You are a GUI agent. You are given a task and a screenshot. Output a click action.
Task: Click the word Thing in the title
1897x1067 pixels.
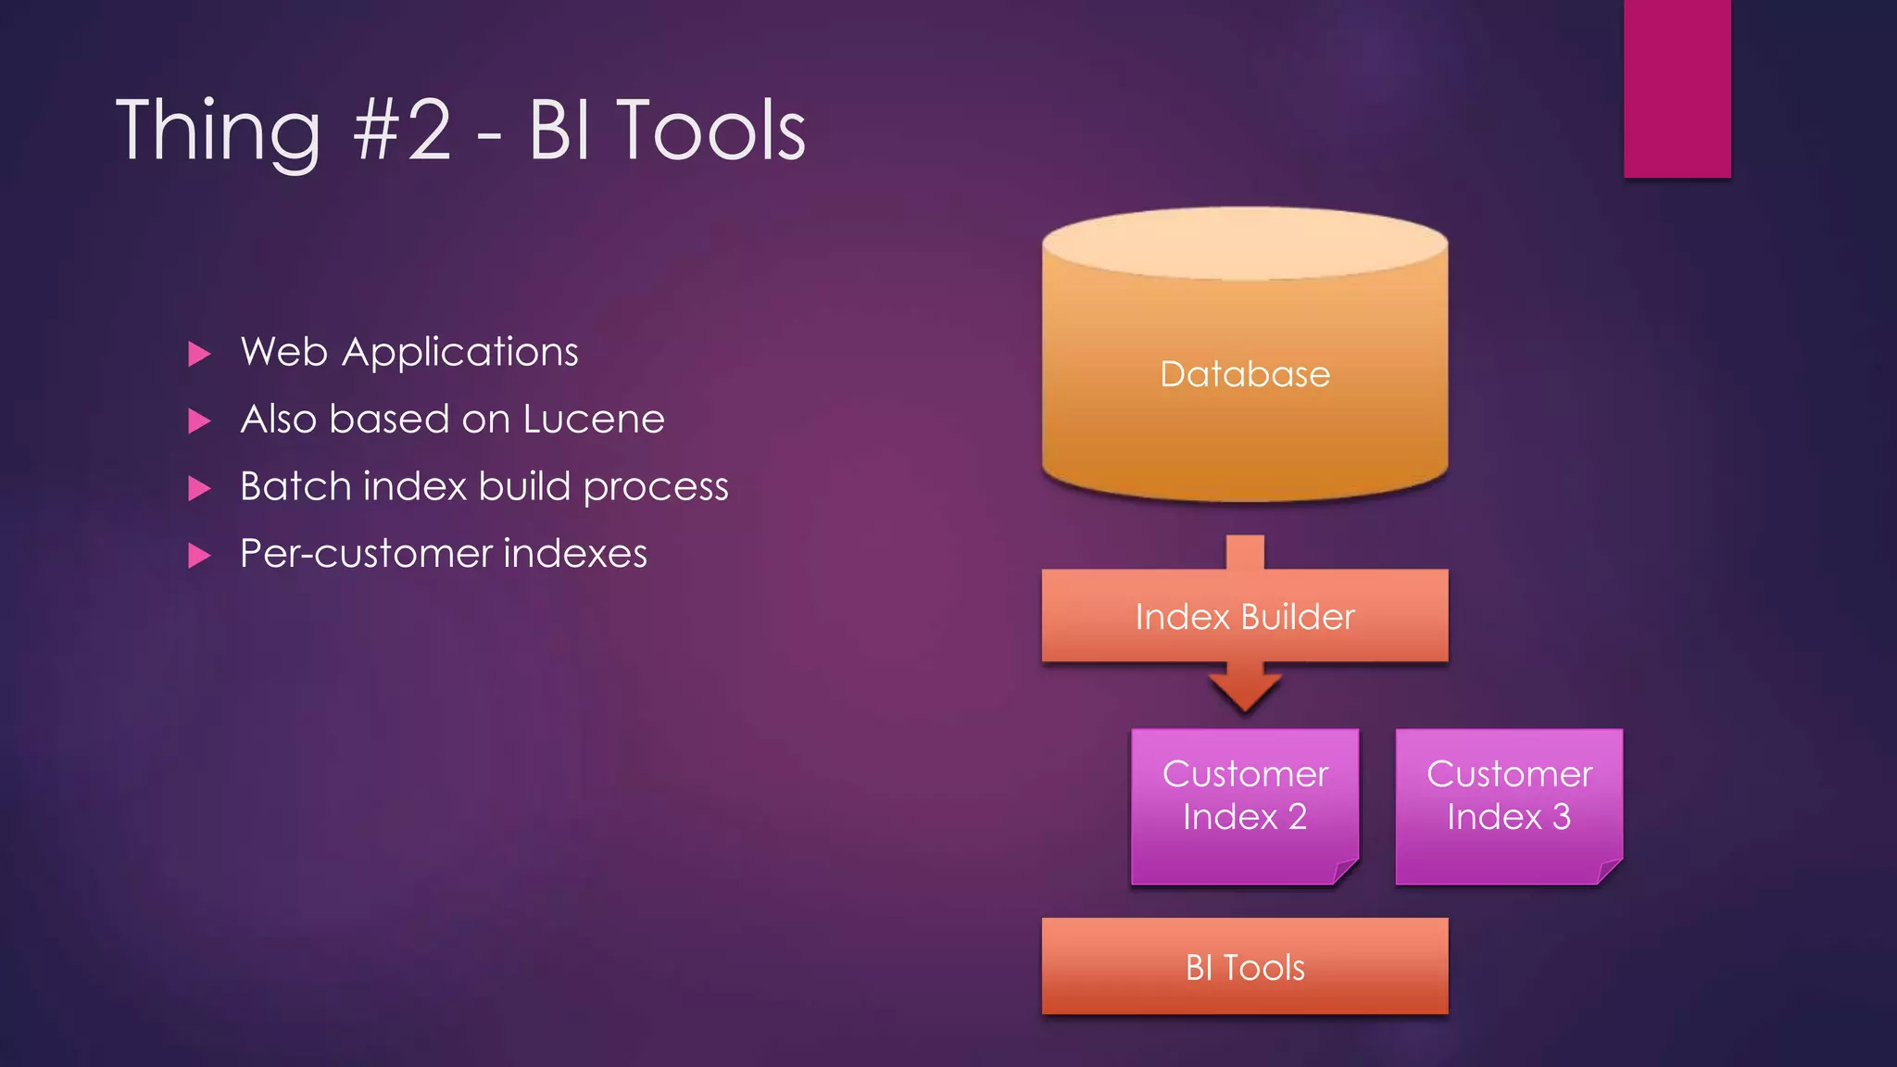click(219, 131)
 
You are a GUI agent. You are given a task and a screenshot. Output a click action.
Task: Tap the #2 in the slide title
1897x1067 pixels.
click(402, 131)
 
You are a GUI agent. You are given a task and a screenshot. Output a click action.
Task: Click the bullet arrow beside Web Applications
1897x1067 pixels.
click(199, 354)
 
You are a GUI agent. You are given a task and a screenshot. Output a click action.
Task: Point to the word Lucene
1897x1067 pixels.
click(594, 420)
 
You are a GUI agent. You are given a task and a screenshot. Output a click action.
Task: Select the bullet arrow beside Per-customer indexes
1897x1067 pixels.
click(199, 556)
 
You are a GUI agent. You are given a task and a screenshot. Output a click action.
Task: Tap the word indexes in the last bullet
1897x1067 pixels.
click(575, 554)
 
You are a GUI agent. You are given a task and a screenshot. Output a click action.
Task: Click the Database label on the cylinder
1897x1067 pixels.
click(1244, 374)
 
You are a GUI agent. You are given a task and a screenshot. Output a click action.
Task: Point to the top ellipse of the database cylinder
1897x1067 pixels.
click(1244, 243)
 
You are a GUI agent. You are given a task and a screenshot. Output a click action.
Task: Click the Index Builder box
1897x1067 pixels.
click(1244, 616)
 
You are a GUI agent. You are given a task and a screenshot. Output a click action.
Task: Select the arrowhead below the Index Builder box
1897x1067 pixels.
click(1244, 692)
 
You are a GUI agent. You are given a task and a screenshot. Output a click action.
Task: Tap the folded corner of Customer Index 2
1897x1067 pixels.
click(1345, 872)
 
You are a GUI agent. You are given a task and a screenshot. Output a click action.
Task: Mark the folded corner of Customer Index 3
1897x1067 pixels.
click(1610, 872)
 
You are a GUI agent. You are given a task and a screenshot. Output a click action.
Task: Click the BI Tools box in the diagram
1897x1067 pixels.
click(1244, 967)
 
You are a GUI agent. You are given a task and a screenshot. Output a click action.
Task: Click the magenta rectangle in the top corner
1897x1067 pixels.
click(1677, 88)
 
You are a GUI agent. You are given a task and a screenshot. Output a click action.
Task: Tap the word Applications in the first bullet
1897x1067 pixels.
click(459, 353)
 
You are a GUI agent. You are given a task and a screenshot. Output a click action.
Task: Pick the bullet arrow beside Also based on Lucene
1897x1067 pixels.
click(199, 421)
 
